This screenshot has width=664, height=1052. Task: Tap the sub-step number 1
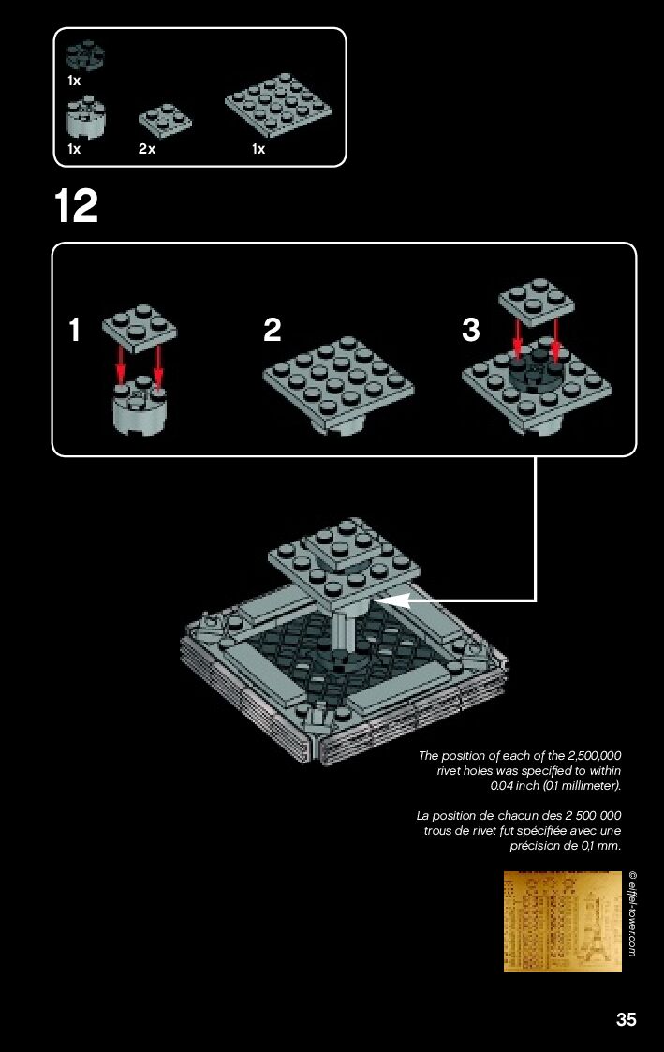tap(74, 330)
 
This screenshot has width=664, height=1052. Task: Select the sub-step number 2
tap(273, 330)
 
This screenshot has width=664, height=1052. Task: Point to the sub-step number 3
tap(471, 330)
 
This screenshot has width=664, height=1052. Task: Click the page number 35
tap(626, 1019)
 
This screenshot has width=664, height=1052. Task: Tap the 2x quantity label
tap(147, 149)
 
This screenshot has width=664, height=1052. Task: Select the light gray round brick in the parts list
tap(86, 117)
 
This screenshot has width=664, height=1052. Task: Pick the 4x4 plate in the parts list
tap(278, 105)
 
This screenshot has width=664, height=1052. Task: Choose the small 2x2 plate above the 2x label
tap(165, 118)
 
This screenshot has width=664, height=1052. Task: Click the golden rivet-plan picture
tap(562, 922)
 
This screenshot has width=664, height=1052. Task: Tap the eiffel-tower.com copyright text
tap(632, 913)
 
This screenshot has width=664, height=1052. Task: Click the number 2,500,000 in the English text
tap(595, 755)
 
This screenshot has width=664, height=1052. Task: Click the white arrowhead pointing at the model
tap(397, 601)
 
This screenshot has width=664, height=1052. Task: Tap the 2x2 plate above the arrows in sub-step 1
tap(140, 329)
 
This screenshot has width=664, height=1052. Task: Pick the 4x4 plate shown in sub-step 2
tap(338, 381)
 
